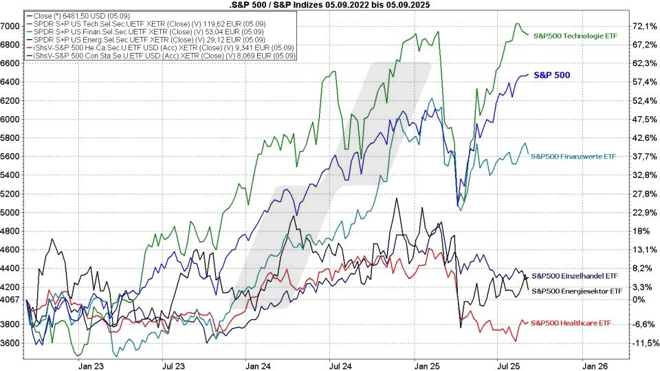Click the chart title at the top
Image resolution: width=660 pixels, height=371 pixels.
(329, 5)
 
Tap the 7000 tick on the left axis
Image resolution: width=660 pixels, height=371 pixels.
(11, 26)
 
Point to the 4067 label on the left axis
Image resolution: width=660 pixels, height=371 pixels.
(11, 300)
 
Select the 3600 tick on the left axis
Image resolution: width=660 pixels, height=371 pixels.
(11, 343)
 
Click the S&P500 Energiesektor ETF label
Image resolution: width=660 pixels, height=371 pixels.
(577, 291)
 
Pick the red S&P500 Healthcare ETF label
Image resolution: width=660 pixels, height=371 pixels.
(572, 323)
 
